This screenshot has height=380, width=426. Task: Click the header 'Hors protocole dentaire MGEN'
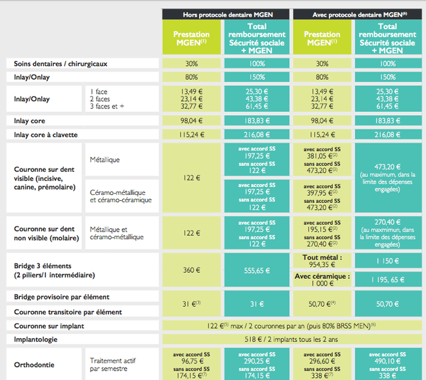(x=227, y=14)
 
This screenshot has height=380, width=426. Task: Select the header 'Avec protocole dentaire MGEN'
(x=357, y=14)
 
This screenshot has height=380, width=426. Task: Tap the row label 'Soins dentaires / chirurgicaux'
(x=61, y=64)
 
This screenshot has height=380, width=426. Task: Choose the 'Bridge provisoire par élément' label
(x=61, y=296)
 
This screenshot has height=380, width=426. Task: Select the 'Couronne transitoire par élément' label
(x=68, y=311)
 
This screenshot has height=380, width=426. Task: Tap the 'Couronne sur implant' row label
(x=49, y=326)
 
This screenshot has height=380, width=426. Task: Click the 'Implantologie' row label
(x=38, y=339)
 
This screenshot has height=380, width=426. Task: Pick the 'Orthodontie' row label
(x=35, y=364)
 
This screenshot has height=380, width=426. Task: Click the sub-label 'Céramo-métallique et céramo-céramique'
(x=120, y=196)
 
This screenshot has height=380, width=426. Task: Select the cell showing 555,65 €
(x=257, y=270)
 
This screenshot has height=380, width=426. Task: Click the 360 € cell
(x=192, y=270)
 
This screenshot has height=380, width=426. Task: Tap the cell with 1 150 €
(x=387, y=260)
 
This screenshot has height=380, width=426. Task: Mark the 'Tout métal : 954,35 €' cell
(x=322, y=260)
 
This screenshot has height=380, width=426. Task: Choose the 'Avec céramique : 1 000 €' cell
(x=322, y=280)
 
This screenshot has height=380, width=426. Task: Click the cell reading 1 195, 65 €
(x=387, y=280)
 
